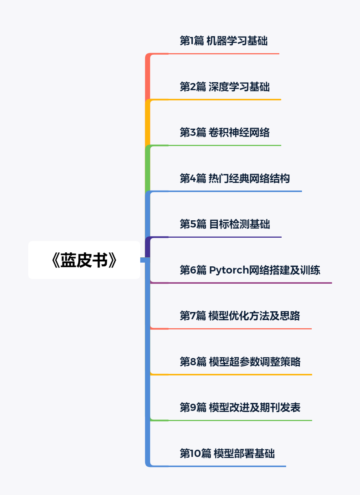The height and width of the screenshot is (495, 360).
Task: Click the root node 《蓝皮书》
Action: point(84,260)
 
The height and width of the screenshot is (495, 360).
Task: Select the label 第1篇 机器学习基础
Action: point(224,41)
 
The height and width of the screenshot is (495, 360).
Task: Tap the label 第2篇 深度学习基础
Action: point(225,87)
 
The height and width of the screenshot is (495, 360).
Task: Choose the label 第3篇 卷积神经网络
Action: point(225,132)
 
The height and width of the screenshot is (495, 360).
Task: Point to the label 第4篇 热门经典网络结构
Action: point(234,178)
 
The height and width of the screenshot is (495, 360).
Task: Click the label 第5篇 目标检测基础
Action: point(225,224)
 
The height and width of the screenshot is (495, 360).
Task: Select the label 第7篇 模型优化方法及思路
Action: point(240,316)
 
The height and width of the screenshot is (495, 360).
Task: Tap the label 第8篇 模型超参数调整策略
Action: point(240,362)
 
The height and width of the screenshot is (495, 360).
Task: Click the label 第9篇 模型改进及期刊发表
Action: point(240,407)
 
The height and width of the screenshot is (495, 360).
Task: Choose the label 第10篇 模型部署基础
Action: point(227,453)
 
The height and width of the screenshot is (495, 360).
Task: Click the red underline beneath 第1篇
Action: point(222,54)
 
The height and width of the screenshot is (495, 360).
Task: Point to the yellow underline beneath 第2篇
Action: point(224,100)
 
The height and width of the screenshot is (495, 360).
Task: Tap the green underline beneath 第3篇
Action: point(224,145)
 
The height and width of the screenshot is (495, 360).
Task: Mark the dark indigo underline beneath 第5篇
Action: point(224,237)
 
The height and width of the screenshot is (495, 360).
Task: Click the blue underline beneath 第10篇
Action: point(226,466)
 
